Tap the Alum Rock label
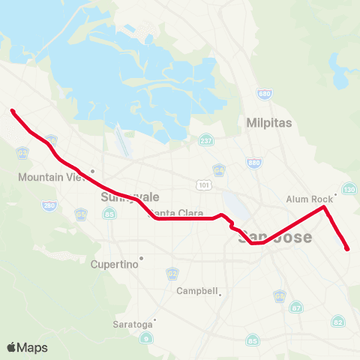click(309, 199)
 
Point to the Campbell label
click(196, 291)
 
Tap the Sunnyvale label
click(120, 197)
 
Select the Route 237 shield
click(205, 140)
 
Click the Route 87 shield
click(297, 307)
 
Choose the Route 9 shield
click(147, 338)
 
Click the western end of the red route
click(13, 112)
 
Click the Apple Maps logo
click(27, 347)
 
